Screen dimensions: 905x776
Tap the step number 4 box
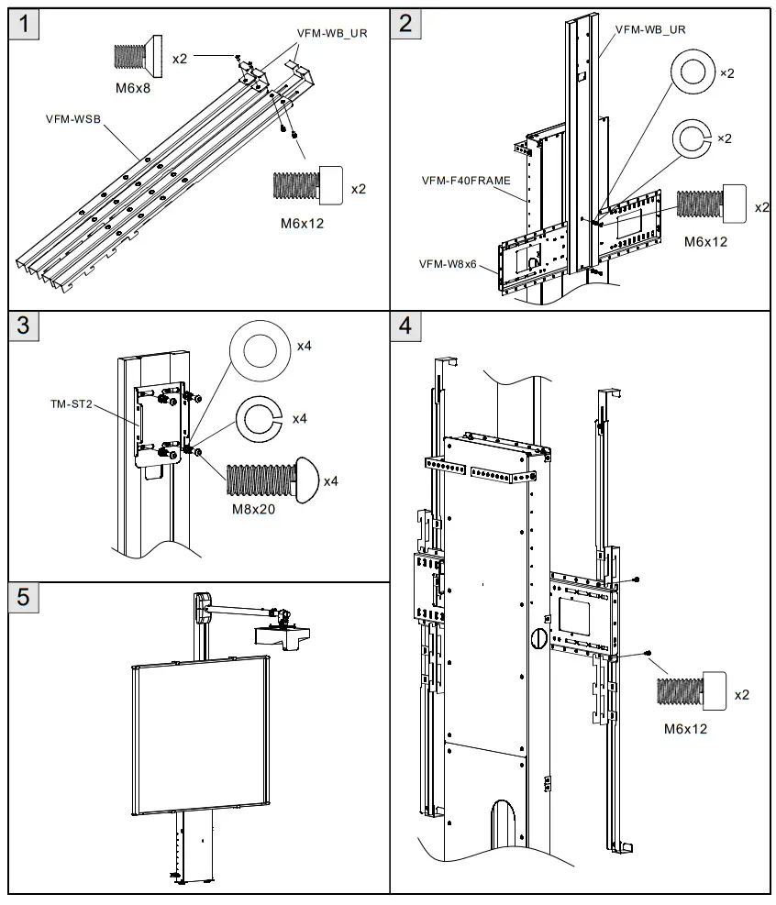click(406, 326)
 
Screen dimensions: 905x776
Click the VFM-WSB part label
click(72, 119)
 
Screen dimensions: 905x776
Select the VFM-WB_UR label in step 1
click(331, 31)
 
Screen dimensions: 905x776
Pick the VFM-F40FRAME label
click(466, 181)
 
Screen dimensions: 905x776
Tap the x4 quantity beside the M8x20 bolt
click(331, 480)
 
